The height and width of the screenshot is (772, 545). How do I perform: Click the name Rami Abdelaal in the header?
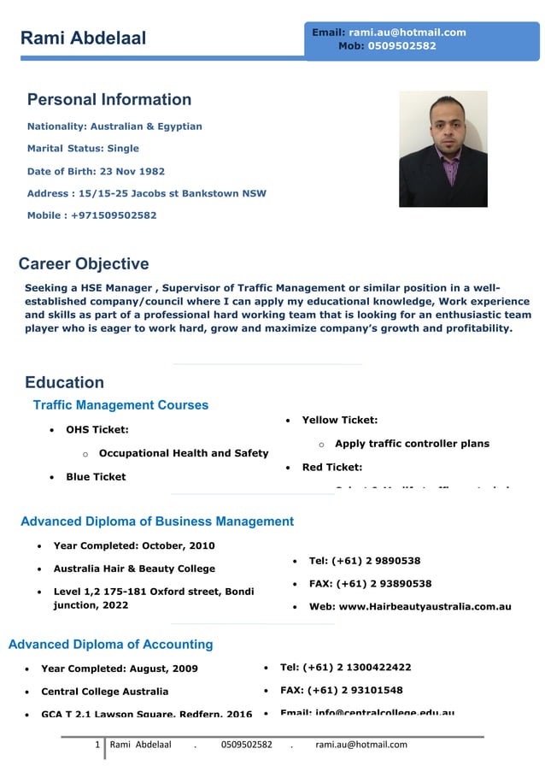click(x=83, y=38)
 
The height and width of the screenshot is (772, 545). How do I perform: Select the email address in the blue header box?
click(x=407, y=32)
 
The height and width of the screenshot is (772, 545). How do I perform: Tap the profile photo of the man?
click(x=442, y=149)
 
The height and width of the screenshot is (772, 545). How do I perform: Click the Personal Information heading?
click(x=109, y=99)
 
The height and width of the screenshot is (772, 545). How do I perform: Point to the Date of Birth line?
click(x=96, y=171)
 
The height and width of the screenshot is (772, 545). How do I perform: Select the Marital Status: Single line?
click(x=83, y=149)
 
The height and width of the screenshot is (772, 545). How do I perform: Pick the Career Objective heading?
click(x=84, y=263)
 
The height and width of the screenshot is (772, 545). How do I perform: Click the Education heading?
click(x=64, y=382)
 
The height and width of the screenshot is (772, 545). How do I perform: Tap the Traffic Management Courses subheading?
click(x=120, y=405)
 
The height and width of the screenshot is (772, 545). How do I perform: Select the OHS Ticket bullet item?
click(x=97, y=429)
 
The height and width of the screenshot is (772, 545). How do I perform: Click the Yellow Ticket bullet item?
click(x=339, y=420)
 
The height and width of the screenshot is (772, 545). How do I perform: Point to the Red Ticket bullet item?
click(x=331, y=467)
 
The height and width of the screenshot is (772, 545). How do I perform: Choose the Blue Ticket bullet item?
click(x=96, y=477)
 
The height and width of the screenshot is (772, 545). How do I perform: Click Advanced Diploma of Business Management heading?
click(x=157, y=522)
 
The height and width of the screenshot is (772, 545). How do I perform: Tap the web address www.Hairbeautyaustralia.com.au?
click(x=410, y=607)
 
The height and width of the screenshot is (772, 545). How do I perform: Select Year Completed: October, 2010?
click(x=134, y=545)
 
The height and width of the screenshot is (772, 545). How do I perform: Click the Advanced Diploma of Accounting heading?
click(x=110, y=645)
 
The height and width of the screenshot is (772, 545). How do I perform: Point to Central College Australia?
click(x=104, y=692)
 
